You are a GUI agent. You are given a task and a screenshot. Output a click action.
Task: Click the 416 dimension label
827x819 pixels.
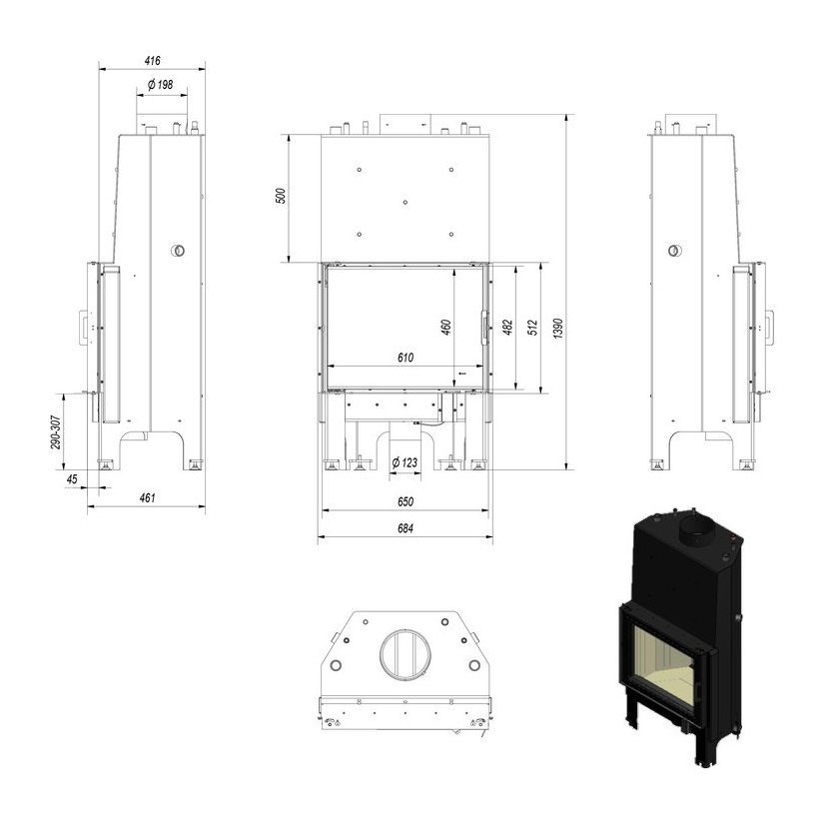(153, 61)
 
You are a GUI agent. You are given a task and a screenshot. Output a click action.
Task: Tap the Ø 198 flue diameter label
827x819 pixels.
(161, 84)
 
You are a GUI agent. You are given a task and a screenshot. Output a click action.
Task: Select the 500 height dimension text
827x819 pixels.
(281, 196)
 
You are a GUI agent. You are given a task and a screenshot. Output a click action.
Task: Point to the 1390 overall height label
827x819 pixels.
(559, 328)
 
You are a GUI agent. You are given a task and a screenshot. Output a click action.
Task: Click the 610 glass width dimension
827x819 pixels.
(406, 358)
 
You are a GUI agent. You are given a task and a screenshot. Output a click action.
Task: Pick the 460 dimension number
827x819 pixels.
(446, 328)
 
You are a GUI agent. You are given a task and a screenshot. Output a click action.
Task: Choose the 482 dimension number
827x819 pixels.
(507, 328)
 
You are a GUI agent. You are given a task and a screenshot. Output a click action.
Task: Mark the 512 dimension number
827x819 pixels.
(532, 328)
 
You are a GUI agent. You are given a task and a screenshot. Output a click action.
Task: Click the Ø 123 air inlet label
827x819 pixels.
(405, 462)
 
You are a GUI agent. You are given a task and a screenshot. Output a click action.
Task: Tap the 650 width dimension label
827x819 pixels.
(406, 501)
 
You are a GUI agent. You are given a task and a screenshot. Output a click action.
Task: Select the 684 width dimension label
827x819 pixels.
(406, 528)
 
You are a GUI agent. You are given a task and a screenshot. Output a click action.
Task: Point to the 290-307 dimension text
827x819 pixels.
(56, 432)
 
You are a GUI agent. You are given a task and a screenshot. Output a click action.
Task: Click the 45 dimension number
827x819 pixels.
(72, 478)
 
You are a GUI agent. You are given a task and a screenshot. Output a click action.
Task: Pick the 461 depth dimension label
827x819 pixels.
(147, 497)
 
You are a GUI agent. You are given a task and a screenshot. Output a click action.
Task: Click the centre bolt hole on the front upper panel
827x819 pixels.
(406, 202)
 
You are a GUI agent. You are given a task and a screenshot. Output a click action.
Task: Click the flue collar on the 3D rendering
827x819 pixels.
(697, 531)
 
